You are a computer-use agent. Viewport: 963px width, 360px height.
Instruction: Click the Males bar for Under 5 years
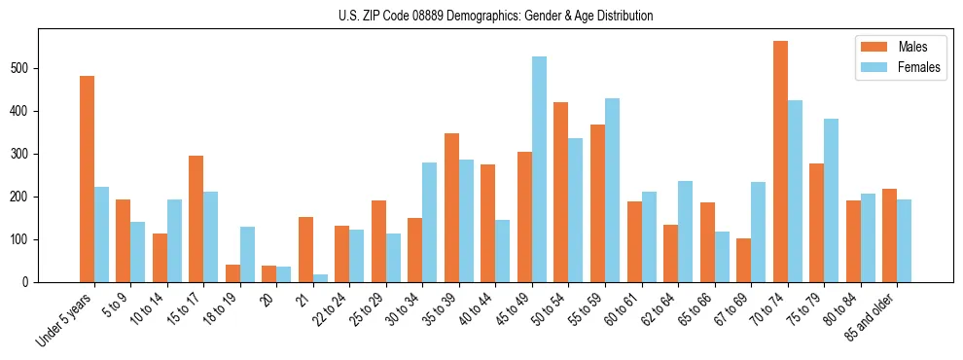[87, 179]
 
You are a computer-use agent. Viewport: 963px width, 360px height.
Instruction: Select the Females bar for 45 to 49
[539, 169]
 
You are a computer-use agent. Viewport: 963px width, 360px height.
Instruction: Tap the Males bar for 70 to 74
[780, 162]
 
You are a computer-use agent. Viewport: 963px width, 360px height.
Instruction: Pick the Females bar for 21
[320, 278]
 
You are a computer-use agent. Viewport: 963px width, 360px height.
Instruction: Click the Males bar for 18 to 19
[232, 273]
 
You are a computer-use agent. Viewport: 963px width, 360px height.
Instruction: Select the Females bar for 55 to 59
[612, 190]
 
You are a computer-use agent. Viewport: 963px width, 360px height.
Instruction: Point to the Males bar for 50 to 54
[561, 192]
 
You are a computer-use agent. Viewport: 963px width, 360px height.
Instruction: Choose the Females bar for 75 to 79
[831, 200]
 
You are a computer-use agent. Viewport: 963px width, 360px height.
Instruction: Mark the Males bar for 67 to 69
[743, 260]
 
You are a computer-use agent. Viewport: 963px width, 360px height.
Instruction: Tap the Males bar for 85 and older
[889, 235]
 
